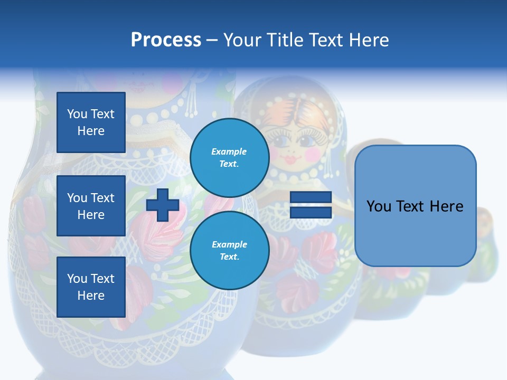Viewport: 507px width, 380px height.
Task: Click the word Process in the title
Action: (x=166, y=40)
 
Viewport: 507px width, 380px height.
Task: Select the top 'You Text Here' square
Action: (x=91, y=122)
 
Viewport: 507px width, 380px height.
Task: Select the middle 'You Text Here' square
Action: (x=91, y=206)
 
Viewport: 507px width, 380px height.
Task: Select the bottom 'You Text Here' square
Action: (x=91, y=287)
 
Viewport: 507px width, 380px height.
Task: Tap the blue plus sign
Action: (x=163, y=205)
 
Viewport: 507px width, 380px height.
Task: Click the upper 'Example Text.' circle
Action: (x=229, y=157)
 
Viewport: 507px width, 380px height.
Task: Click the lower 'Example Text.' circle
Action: (x=229, y=250)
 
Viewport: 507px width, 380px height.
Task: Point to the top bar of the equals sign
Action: (x=311, y=197)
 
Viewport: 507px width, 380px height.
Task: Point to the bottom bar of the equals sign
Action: (x=311, y=213)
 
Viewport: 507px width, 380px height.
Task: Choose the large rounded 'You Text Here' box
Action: (x=415, y=206)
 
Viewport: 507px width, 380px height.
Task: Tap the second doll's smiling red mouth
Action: (x=292, y=158)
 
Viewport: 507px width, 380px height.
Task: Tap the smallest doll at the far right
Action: (x=486, y=243)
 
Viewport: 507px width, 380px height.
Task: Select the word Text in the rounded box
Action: (x=416, y=206)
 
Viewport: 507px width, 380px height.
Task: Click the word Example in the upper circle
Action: (x=229, y=151)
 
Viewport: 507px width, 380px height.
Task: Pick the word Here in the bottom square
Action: (x=91, y=296)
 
